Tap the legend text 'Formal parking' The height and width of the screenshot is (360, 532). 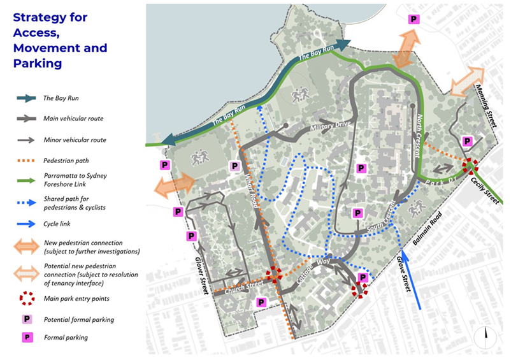[x=66, y=338]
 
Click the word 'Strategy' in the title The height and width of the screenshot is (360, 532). [x=40, y=17]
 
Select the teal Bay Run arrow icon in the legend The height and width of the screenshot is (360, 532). [x=27, y=98]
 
